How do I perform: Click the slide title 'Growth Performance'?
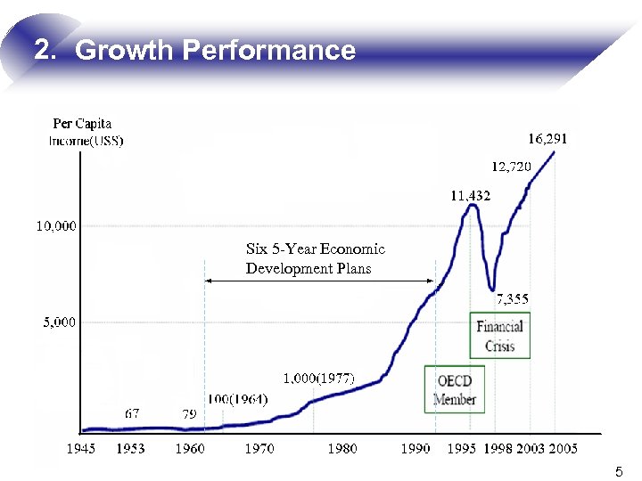(x=194, y=50)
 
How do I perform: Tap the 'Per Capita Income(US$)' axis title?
(x=86, y=132)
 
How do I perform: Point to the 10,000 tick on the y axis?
(x=56, y=226)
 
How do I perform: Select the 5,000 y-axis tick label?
(x=60, y=322)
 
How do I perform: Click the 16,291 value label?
(x=547, y=139)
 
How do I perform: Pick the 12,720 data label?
(x=512, y=166)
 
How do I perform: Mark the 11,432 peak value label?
(x=470, y=195)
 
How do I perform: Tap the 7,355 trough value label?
(x=512, y=299)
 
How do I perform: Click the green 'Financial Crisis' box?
(x=499, y=336)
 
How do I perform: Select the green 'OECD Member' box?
(x=455, y=389)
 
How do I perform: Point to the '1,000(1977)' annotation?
(x=318, y=379)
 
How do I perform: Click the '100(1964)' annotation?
(x=237, y=399)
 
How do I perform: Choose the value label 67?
(x=132, y=414)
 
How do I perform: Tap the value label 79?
(x=189, y=414)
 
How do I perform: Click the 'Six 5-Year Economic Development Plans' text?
(x=315, y=258)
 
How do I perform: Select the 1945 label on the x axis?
(x=81, y=449)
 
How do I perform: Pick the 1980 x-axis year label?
(x=342, y=449)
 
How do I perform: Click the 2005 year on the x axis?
(x=563, y=449)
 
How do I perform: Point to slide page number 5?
(x=619, y=471)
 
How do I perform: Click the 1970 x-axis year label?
(x=259, y=449)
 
